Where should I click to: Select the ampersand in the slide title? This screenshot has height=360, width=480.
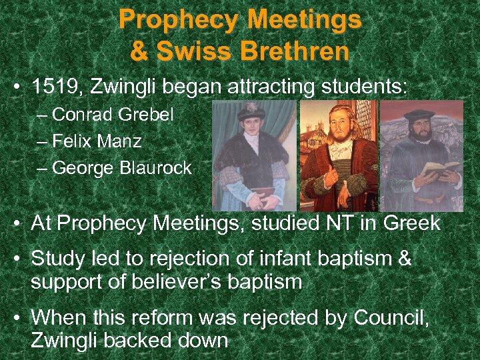[x=140, y=51]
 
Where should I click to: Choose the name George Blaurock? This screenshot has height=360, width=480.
[x=121, y=168]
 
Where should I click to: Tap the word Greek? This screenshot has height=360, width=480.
[x=410, y=223]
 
